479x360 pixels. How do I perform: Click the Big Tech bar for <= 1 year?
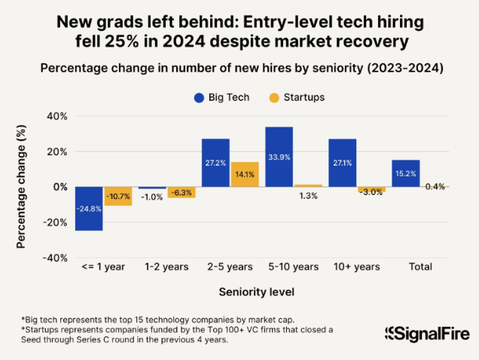[x=90, y=209]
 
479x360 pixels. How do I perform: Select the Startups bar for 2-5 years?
[x=245, y=175]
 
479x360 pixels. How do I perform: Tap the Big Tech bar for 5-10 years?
[x=279, y=157]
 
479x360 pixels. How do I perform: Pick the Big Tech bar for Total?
[x=406, y=173]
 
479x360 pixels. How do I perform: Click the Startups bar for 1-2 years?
[x=181, y=192]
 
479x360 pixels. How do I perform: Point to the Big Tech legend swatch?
[x=200, y=98]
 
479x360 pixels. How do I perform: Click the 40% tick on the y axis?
[x=57, y=117]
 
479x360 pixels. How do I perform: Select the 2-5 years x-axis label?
[x=230, y=267]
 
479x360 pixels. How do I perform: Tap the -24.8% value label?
[x=90, y=209]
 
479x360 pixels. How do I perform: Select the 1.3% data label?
[x=308, y=196]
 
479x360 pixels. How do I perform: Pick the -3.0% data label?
[x=372, y=193]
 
